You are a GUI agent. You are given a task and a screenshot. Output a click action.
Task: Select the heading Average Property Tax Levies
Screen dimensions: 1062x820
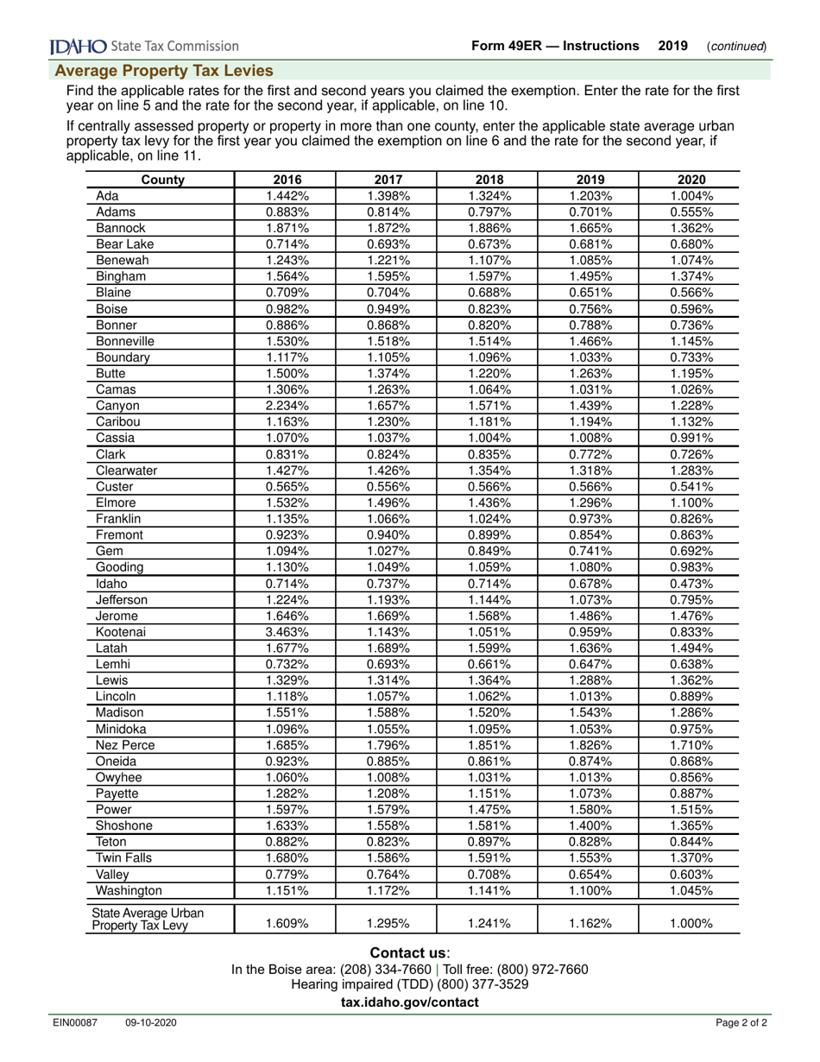click(164, 71)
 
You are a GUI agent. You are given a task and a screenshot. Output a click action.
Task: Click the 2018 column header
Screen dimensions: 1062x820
click(489, 180)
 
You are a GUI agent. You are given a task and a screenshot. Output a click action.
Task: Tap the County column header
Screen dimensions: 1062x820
click(161, 180)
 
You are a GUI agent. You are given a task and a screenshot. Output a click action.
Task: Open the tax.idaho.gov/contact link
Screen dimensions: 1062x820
click(409, 1002)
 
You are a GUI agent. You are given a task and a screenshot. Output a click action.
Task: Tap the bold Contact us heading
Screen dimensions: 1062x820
click(408, 952)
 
